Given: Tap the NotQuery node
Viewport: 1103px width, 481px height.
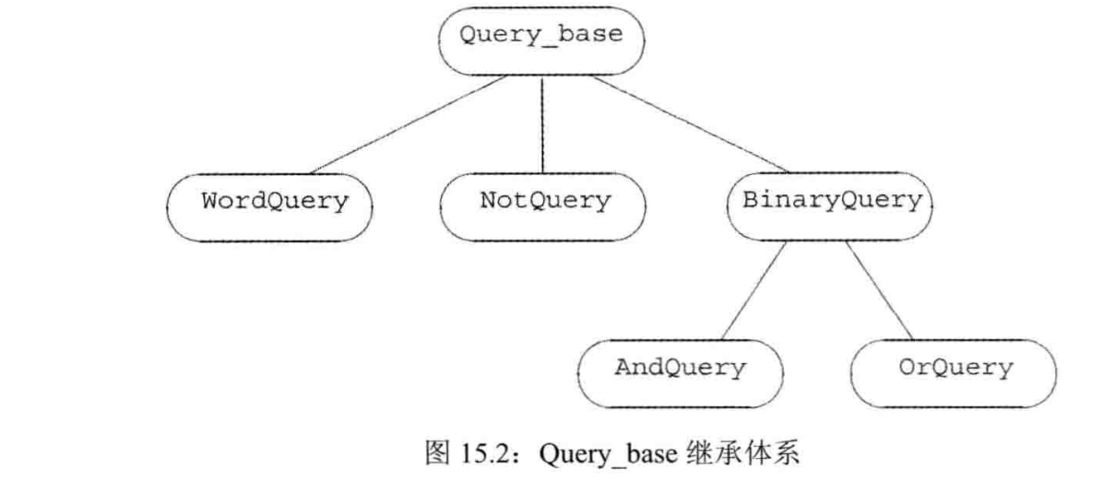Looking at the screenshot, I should coord(544,201).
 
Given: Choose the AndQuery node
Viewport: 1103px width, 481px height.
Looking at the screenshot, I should coord(680,369).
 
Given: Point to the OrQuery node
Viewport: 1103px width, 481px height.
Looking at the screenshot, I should coord(954,369).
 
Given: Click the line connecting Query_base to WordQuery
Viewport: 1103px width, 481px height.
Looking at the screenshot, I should coord(406,124).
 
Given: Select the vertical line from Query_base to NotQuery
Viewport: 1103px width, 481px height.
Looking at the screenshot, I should coord(542,124).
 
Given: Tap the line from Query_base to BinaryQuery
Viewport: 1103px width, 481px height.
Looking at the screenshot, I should coord(687,124).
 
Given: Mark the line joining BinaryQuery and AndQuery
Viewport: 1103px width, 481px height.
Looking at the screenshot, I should coord(752,290).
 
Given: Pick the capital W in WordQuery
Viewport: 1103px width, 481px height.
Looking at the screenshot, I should coord(209,201).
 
